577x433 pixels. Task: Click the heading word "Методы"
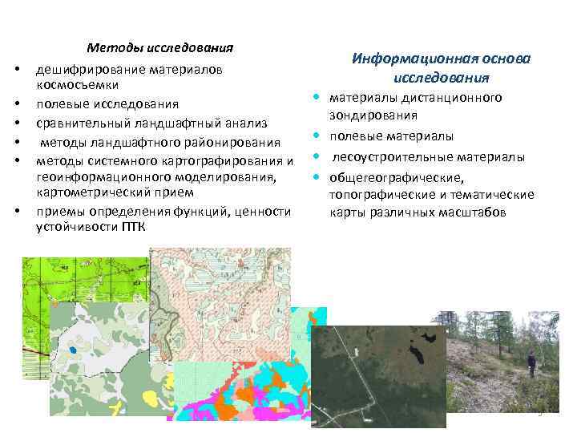(x=110, y=47)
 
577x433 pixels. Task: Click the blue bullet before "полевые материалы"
(x=317, y=137)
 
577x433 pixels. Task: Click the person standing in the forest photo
(x=531, y=364)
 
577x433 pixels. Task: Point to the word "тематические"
(x=495, y=195)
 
